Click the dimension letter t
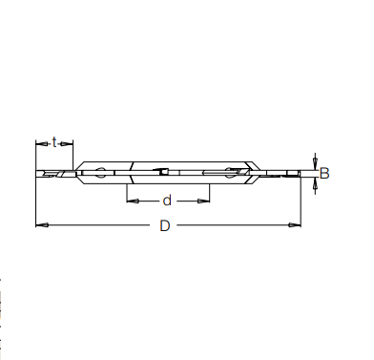tap(54, 142)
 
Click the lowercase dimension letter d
tap(167, 201)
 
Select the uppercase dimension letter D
tap(165, 226)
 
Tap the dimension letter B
tap(324, 174)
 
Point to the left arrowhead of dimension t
tap(39, 143)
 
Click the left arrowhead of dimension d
tap(131, 201)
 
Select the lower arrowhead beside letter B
tap(314, 182)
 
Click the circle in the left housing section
tap(101, 173)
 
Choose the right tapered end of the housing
tap(254, 173)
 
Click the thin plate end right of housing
tap(286, 173)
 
